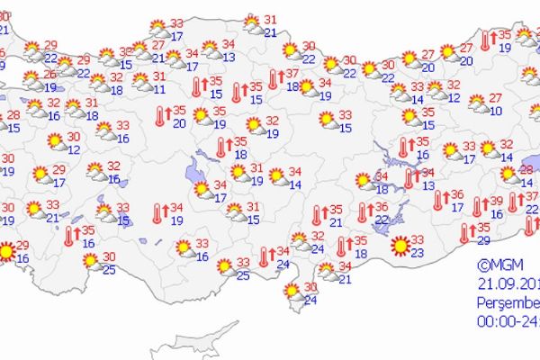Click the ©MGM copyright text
[499, 265]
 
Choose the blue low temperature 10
[496, 111]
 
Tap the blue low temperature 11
[159, 89]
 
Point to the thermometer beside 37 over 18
[275, 79]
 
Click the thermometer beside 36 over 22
[363, 212]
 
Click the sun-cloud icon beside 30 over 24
[292, 292]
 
